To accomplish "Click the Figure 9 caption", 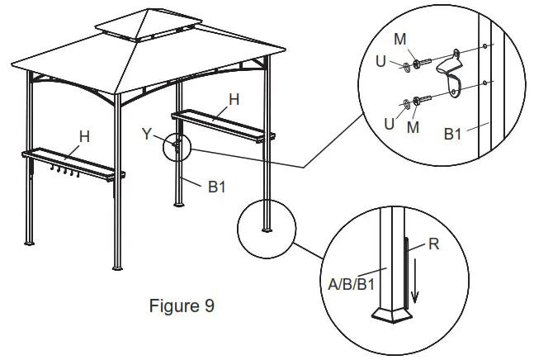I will click(182, 306).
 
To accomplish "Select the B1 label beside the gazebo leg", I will click(216, 187).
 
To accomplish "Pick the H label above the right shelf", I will click(234, 99).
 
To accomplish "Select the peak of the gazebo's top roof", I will click(148, 10).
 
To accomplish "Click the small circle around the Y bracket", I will click(177, 147).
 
